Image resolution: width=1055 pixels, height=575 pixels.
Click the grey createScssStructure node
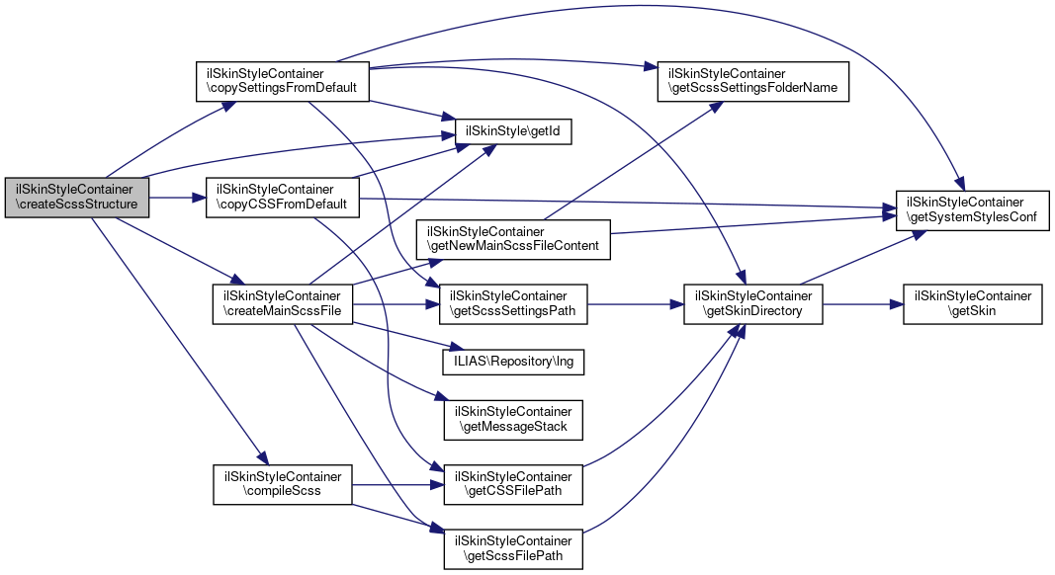point(77,198)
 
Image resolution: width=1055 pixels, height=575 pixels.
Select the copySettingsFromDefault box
point(282,80)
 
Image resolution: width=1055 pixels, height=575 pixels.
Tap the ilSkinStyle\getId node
point(513,131)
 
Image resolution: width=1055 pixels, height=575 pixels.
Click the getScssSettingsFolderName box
point(753,80)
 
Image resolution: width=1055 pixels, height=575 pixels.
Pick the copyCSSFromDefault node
point(281,198)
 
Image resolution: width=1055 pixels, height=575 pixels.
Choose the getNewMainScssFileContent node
point(512,238)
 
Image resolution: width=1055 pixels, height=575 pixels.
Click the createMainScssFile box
point(283,304)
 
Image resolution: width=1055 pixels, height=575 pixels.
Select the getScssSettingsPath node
point(513,304)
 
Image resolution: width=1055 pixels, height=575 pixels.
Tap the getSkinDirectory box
point(753,304)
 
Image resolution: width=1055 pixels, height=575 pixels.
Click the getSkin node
point(972,304)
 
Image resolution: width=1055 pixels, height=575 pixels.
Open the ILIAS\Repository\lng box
point(512,362)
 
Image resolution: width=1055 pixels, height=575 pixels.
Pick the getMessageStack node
point(513,419)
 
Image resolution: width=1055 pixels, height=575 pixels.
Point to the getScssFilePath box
point(513,548)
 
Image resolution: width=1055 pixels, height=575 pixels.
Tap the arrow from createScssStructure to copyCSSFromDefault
point(176,198)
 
